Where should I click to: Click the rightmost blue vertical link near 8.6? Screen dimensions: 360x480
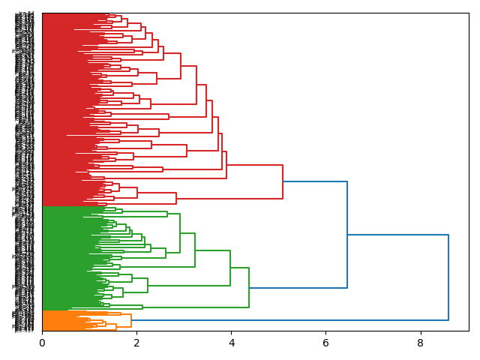(x=448, y=277)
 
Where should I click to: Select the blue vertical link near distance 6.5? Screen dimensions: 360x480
(x=347, y=235)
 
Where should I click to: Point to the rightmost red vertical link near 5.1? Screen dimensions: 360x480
(x=283, y=181)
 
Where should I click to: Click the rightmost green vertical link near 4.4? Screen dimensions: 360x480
(x=249, y=287)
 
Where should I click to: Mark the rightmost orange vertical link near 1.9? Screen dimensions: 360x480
(x=131, y=320)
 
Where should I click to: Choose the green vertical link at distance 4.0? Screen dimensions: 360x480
(x=230, y=268)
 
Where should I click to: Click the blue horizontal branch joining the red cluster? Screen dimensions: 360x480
(x=315, y=181)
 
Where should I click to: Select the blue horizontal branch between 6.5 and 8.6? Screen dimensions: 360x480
(x=397, y=235)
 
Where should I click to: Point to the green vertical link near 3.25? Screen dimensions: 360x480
(x=195, y=250)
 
